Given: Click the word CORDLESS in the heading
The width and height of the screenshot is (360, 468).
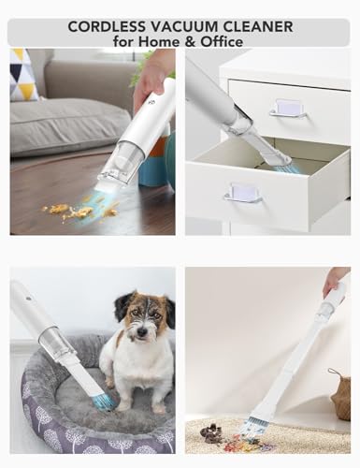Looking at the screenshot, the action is [107, 27].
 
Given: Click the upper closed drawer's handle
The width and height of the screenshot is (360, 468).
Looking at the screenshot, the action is [287, 109].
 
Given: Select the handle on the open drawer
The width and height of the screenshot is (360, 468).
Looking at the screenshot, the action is [241, 193].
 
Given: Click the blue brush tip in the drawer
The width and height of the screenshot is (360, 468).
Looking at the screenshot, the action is [281, 168].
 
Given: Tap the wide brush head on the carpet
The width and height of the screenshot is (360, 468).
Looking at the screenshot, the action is [261, 423].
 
